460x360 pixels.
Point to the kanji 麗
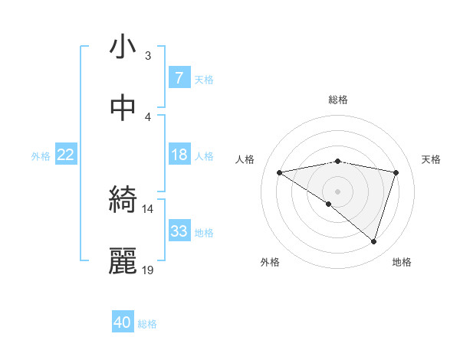[123, 260]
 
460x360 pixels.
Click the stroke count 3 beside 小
[147, 55]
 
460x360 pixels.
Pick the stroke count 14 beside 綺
[147, 208]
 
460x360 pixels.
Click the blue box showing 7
[179, 77]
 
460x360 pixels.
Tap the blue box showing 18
[179, 155]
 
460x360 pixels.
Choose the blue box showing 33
[179, 231]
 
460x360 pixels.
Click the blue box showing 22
[65, 155]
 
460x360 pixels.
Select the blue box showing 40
[123, 322]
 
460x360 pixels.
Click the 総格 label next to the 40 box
[147, 324]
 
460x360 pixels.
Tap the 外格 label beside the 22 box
[41, 156]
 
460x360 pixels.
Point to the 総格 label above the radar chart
[337, 100]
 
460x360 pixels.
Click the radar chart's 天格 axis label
[431, 159]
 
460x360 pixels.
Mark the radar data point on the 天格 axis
[396, 172]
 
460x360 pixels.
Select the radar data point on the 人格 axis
[280, 172]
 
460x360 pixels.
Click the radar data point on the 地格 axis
[373, 241]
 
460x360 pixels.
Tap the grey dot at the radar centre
[337, 191]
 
